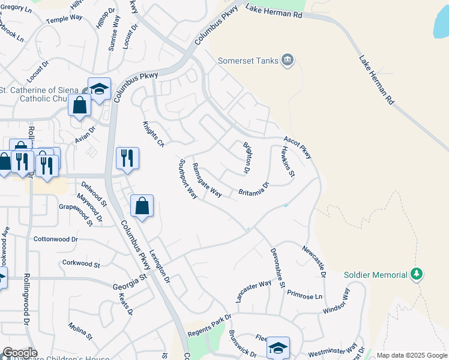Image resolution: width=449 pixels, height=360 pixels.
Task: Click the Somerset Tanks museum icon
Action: (288, 59)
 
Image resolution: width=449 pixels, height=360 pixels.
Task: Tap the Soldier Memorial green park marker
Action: (417, 274)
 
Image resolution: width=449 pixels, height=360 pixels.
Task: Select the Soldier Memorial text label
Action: (376, 275)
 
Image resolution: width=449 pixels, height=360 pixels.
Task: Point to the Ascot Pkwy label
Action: (298, 147)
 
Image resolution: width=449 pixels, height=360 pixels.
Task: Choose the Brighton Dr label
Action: (247, 158)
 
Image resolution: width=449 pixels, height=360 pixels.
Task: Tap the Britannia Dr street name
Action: (254, 189)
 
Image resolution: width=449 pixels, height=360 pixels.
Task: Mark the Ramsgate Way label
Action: (207, 179)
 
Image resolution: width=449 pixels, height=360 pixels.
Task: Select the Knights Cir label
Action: (153, 134)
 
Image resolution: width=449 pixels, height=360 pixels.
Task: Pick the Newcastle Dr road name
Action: (314, 262)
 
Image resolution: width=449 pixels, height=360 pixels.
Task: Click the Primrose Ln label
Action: (304, 295)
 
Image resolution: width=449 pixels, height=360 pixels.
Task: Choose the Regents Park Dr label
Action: (209, 325)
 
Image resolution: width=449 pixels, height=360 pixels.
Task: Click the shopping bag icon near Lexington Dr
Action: (142, 206)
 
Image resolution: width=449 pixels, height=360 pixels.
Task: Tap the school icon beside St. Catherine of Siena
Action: (99, 89)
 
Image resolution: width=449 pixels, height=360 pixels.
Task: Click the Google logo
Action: (20, 353)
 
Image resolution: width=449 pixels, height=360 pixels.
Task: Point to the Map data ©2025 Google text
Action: (411, 355)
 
